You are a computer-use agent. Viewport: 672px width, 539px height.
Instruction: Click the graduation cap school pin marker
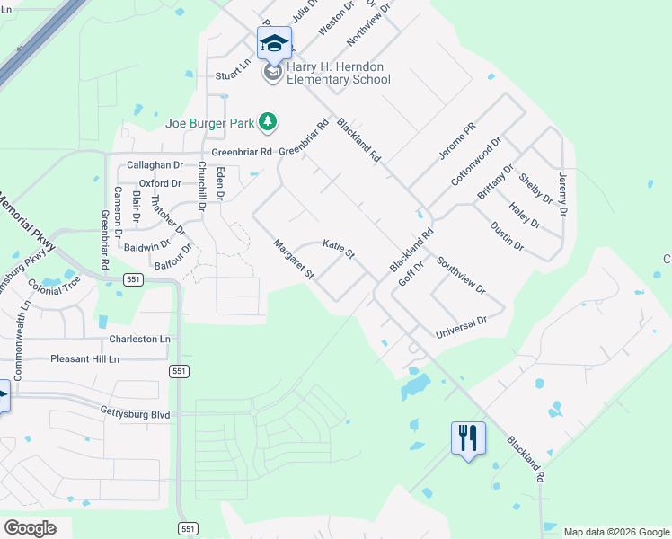coord(274,43)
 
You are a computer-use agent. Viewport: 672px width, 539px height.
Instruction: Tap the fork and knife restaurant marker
coord(468,438)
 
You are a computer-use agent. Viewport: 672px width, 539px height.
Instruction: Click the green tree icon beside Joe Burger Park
coord(267,120)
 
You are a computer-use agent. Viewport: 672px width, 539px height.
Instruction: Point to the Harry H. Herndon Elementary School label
coord(338,73)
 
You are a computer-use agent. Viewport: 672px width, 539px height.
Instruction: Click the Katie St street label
coord(340,249)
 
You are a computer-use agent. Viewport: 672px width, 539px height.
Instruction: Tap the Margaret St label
coord(295,259)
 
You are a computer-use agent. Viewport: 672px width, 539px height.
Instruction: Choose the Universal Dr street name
coord(461,327)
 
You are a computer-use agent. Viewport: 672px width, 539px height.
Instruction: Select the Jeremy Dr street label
coord(563,193)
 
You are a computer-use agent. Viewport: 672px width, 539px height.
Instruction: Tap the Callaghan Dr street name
coord(155,165)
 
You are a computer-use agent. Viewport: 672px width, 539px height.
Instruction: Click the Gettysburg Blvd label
coord(135,415)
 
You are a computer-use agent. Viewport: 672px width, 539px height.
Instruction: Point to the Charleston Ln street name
coord(139,340)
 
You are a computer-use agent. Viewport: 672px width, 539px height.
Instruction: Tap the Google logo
coord(30,527)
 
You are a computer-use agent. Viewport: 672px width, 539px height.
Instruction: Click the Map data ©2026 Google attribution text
coord(616,532)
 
